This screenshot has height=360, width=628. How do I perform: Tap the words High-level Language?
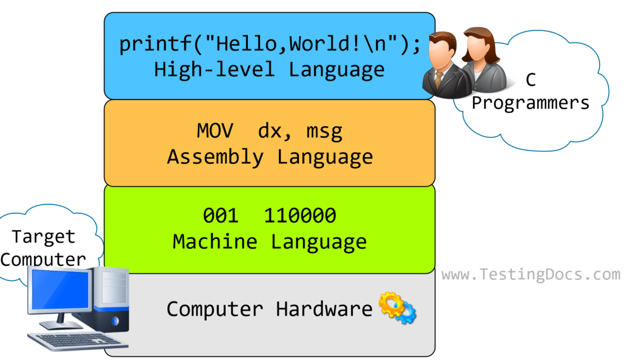(270, 69)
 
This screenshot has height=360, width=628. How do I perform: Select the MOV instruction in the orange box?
(215, 132)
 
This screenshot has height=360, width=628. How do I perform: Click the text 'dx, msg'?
(301, 132)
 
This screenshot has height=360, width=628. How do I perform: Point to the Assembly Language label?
(270, 157)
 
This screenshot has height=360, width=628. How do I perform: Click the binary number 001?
(221, 216)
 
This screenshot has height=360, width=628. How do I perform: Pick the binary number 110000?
(300, 216)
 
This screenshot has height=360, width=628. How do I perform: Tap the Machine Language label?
(270, 241)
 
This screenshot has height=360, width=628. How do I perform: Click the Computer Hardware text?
(269, 309)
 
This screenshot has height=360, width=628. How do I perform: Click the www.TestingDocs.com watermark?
(531, 274)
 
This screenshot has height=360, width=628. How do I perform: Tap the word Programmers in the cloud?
(531, 102)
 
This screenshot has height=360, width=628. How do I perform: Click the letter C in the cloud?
(531, 80)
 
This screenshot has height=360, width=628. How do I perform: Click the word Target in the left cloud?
(43, 237)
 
